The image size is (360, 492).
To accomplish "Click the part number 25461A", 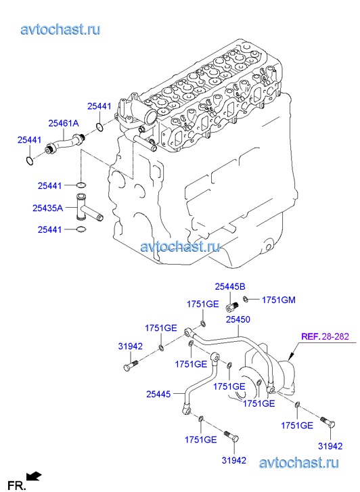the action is [64, 123].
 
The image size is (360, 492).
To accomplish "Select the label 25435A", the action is [48, 208].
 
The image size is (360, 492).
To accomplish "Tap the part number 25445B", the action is [230, 286].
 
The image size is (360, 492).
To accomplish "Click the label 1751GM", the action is [279, 300].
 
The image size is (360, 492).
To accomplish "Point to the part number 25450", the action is [238, 319].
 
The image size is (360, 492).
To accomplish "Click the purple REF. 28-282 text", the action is [325, 336].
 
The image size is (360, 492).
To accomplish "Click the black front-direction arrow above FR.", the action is [33, 476].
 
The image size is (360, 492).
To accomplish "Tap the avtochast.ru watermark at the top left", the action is [61, 30].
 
